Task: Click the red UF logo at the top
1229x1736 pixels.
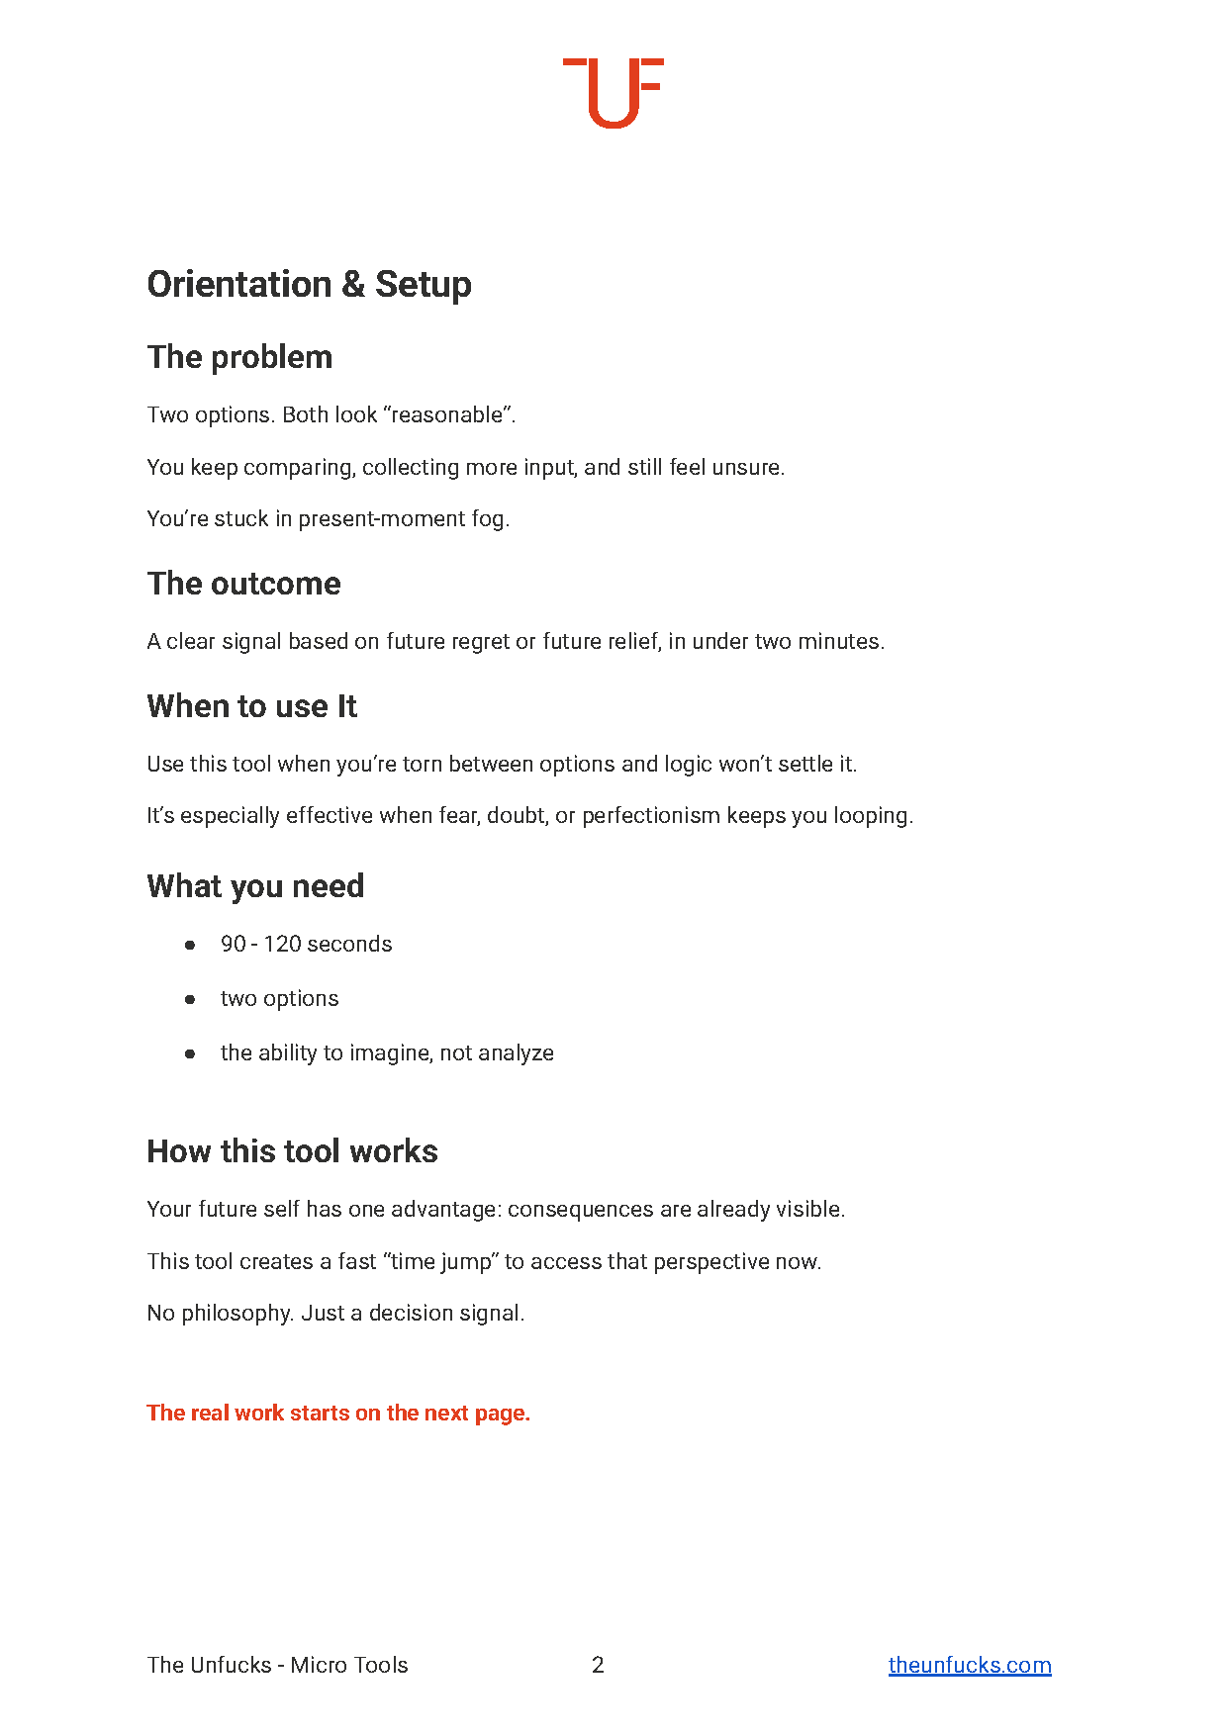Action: coord(614,92)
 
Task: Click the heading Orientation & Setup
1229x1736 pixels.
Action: coord(309,285)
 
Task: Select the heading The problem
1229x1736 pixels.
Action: coord(239,357)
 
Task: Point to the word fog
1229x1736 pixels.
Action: coord(489,519)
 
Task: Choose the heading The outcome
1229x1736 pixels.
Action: coord(243,584)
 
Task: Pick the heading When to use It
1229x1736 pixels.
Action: coord(251,706)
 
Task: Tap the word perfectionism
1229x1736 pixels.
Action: coord(650,816)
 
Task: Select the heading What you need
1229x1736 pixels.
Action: coord(255,886)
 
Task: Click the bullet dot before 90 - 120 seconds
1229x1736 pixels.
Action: coord(190,946)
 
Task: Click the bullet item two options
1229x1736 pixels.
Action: coord(279,999)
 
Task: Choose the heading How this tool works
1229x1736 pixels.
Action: coord(292,1151)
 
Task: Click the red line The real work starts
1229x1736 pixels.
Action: coord(338,1413)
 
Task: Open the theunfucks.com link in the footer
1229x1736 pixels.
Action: coord(969,1665)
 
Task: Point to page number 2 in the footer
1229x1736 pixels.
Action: coord(598,1665)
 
